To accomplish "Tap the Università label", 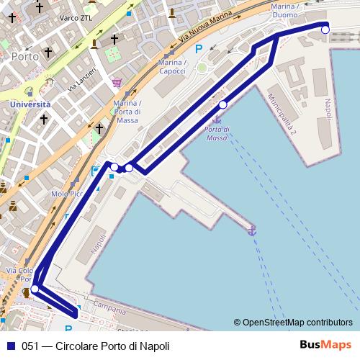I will tap(30, 104).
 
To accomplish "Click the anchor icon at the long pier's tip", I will tap(252, 230).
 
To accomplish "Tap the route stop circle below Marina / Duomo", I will tap(325, 29).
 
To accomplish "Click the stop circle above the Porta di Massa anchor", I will tap(222, 105).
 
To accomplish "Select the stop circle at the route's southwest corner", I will tap(35, 289).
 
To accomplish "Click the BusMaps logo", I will tap(326, 346).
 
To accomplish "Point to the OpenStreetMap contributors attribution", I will tap(293, 323).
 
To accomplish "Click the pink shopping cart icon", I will tap(117, 83).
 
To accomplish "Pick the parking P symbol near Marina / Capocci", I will tap(199, 49).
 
